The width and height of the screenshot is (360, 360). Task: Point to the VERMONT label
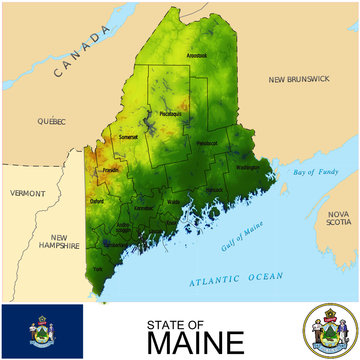pyautogui.click(x=27, y=192)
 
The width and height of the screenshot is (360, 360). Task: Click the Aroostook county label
pyautogui.click(x=195, y=56)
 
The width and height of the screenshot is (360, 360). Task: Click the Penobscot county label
pyautogui.click(x=207, y=143)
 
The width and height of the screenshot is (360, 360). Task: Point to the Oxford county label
pyautogui.click(x=97, y=200)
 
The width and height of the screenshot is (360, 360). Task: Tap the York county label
pyautogui.click(x=97, y=268)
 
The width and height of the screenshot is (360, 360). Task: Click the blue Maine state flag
pyautogui.click(x=41, y=332)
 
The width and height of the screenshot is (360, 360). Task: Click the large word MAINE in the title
pyautogui.click(x=194, y=343)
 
